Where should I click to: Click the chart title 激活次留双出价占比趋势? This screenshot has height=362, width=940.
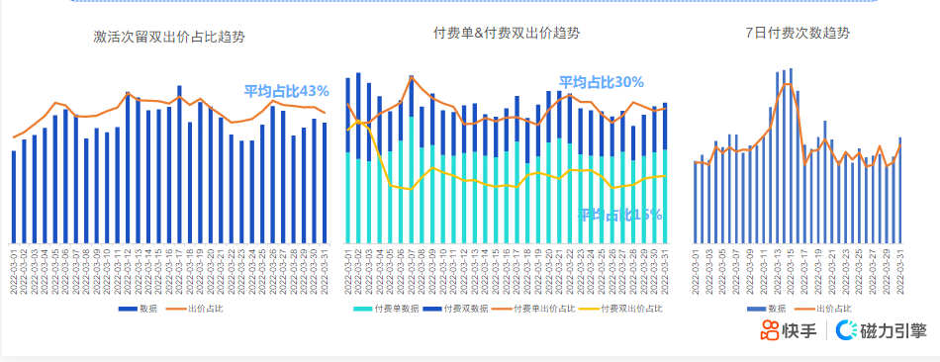tap(169, 37)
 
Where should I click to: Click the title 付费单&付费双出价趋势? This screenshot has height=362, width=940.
tap(507, 33)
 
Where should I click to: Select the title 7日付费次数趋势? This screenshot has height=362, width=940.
tap(798, 33)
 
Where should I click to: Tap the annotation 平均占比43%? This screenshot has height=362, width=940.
tap(287, 91)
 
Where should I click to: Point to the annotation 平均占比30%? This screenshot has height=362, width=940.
tap(602, 82)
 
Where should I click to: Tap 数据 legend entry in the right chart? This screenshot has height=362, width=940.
tap(777, 310)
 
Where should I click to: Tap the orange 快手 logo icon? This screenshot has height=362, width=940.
tap(770, 330)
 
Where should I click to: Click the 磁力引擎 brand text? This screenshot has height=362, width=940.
tap(893, 331)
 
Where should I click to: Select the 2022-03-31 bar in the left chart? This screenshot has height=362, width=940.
tap(325, 183)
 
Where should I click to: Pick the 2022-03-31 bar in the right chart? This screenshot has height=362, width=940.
tap(899, 190)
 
